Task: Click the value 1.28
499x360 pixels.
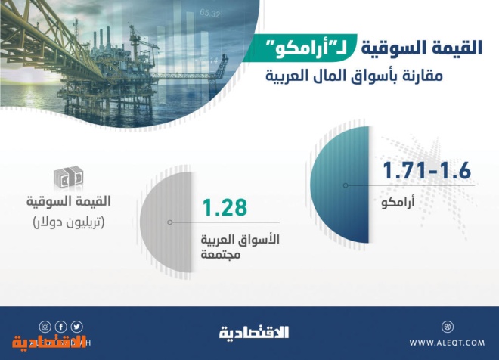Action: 225,207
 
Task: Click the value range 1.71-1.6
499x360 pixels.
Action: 426,171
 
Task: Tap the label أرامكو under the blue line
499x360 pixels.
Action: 398,202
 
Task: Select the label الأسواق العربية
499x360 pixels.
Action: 240,239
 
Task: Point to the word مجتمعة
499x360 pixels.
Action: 220,254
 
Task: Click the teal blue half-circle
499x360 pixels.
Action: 339,185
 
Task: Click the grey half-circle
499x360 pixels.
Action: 166,222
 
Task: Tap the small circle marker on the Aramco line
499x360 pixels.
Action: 346,185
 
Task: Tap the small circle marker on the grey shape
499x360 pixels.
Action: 170,222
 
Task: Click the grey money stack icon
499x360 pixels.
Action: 68,177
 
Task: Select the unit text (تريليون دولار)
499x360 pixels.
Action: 69,222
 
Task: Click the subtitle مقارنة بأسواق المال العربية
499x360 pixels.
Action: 354,76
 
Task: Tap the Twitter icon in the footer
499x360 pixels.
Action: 76,327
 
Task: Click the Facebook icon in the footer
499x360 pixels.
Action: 60,327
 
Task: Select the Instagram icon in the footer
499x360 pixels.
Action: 45,327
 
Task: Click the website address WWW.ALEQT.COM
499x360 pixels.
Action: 447,343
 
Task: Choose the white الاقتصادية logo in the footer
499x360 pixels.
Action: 254,332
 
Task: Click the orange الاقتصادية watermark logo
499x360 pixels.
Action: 49,342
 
